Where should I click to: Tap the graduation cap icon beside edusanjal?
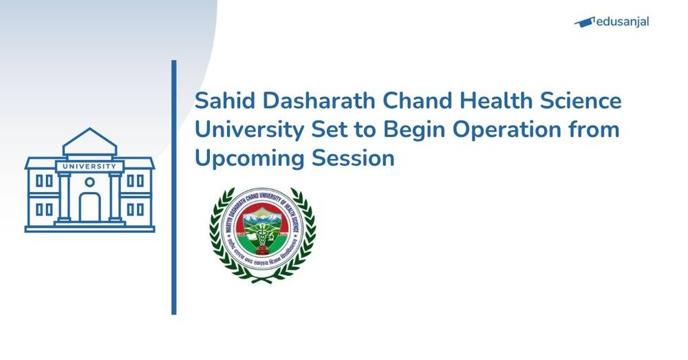tap(584, 22)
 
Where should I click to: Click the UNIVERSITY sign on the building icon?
tap(89, 166)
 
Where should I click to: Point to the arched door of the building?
tap(89, 207)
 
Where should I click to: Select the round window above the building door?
tap(89, 182)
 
